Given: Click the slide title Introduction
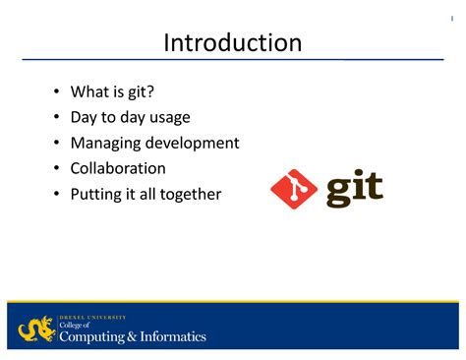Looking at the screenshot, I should coord(232,42).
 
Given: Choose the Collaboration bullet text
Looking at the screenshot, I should coord(118,168).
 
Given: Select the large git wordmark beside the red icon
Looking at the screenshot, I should coord(354,188).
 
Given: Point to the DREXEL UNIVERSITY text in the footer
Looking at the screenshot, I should coord(93,317).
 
